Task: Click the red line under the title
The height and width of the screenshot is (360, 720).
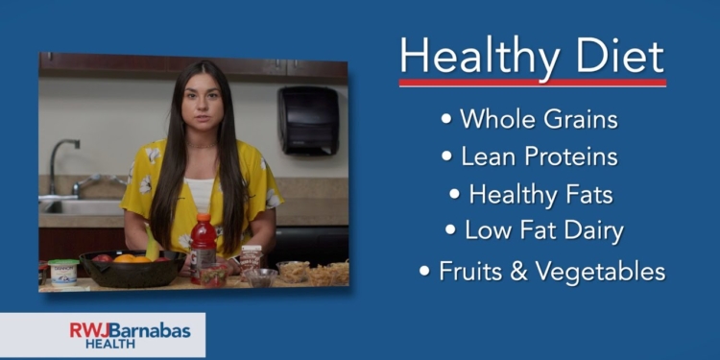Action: point(532,84)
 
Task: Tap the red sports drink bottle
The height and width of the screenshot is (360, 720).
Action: point(203,252)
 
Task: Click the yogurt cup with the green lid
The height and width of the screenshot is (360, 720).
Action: point(63,271)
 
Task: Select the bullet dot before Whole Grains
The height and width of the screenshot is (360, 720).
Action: point(446,120)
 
